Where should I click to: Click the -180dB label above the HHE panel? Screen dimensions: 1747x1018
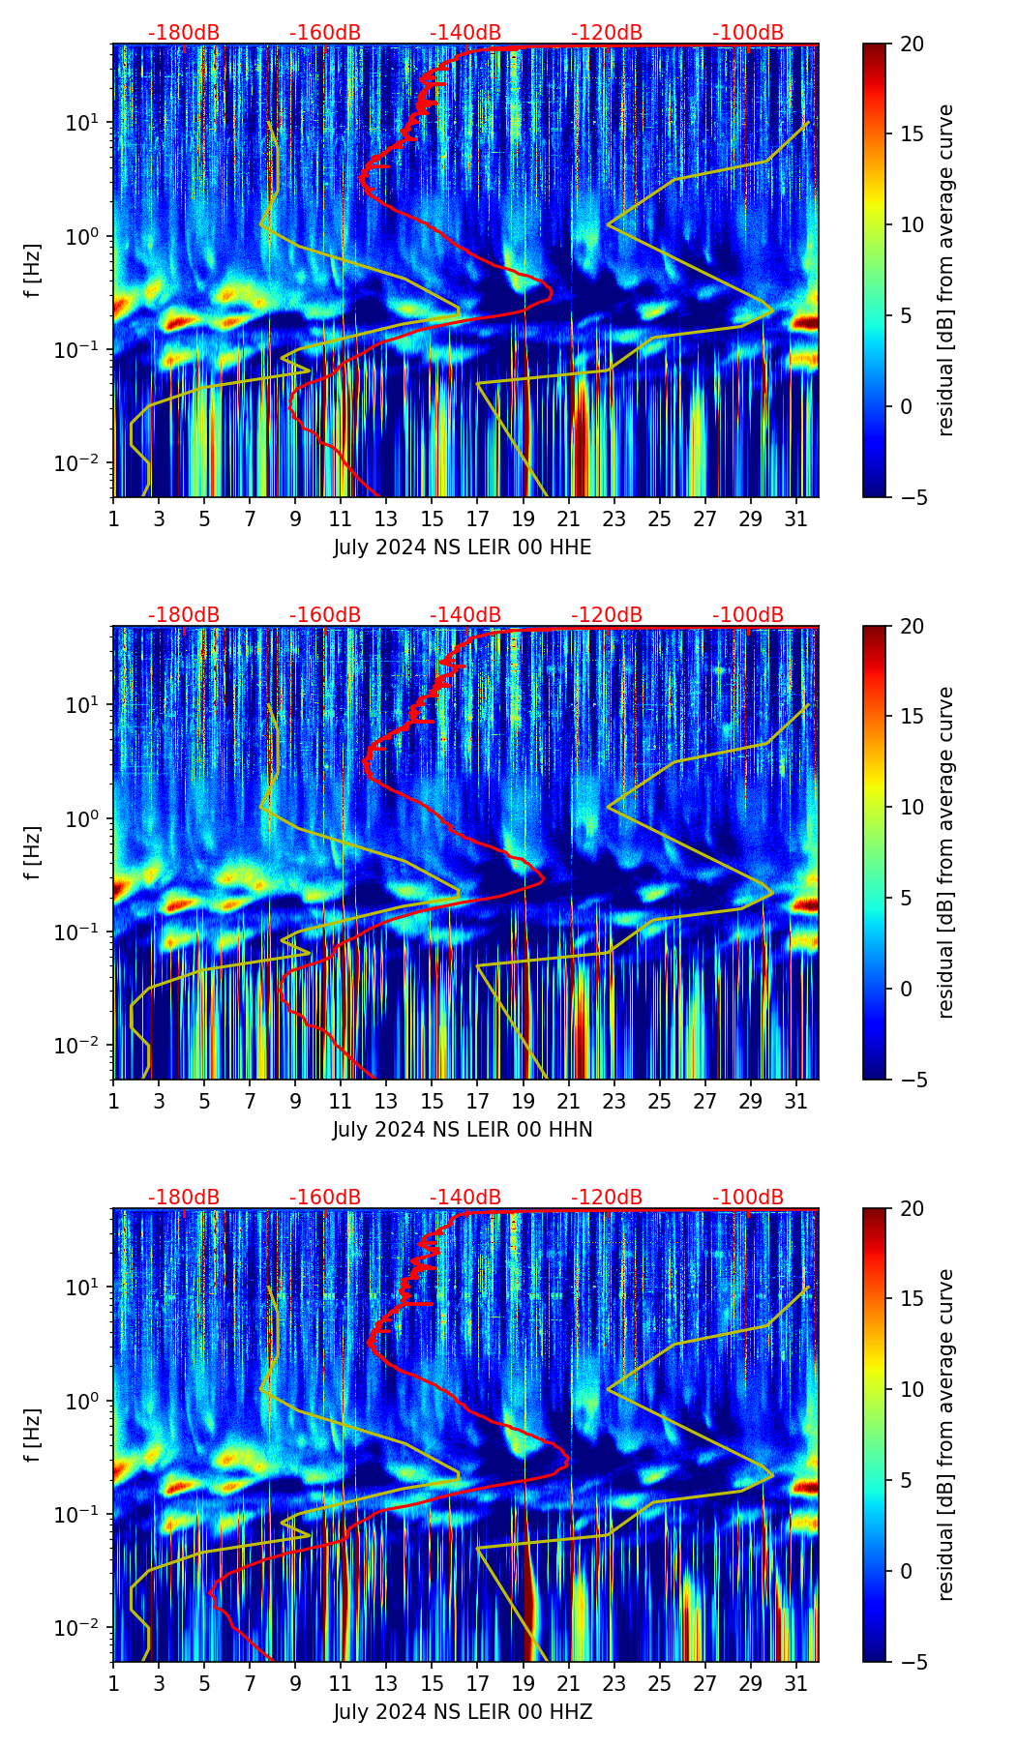184,33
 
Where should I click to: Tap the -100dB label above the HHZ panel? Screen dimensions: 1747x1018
748,1198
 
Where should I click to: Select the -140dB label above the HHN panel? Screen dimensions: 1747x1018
465,615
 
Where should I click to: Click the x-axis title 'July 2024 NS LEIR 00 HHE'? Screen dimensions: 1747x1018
463,548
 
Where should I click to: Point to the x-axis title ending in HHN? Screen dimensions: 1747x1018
463,1130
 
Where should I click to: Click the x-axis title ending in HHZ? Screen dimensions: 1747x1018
463,1712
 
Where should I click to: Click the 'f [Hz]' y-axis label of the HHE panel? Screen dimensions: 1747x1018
33,271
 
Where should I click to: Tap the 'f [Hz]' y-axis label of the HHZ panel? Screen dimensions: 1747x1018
33,1436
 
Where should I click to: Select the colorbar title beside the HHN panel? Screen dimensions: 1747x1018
945,852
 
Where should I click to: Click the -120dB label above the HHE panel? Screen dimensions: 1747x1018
607,33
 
